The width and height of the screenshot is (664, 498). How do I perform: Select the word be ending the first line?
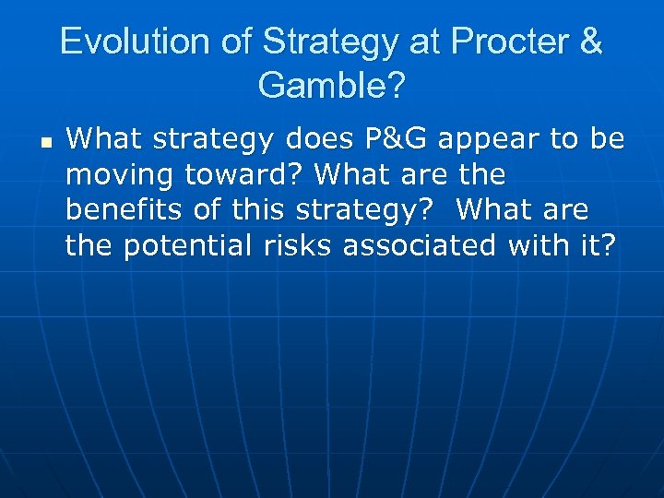point(605,139)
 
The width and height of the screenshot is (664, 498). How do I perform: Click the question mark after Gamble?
point(394,86)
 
